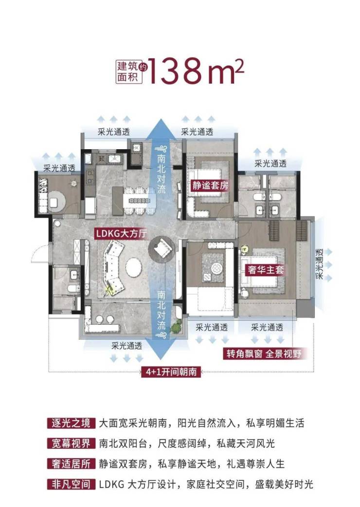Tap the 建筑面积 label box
coord(127,72)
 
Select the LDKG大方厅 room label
coord(121,233)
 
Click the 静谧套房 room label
coord(210,186)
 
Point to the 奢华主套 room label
coord(266,269)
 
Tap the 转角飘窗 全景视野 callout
coord(264,354)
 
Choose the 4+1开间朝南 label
coord(171,372)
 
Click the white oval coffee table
coord(133,267)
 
